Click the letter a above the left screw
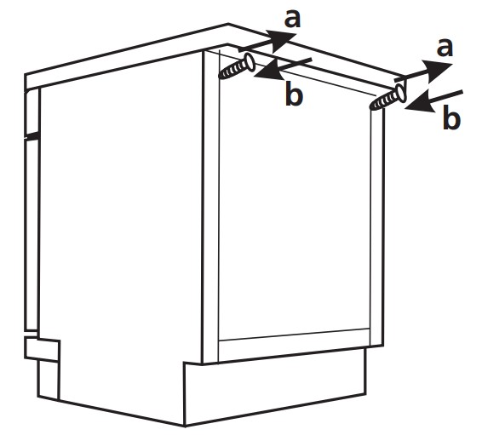(x=292, y=19)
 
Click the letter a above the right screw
(x=445, y=48)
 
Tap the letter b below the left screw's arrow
(x=294, y=94)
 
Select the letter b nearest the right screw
(x=451, y=117)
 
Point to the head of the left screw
(x=249, y=62)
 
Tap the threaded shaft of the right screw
(x=383, y=101)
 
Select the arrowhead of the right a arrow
(x=437, y=71)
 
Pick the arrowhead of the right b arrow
(x=421, y=102)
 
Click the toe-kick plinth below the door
(x=275, y=386)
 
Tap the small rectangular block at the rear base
(x=43, y=349)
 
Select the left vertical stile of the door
(x=210, y=206)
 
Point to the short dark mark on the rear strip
(x=32, y=135)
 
